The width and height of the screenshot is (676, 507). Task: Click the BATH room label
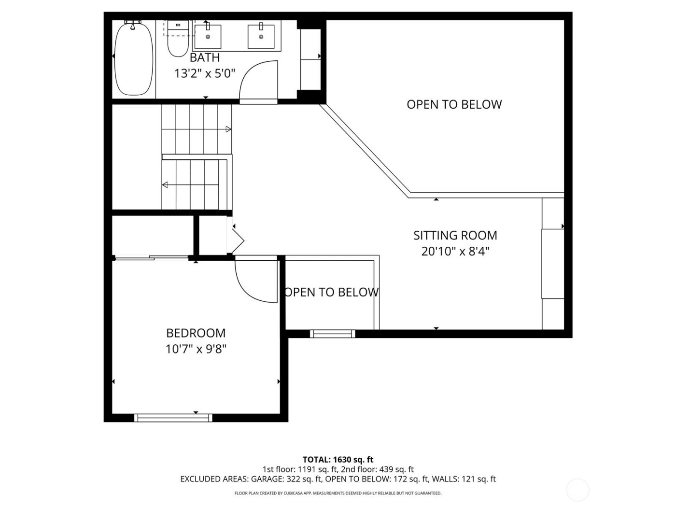pyautogui.click(x=204, y=58)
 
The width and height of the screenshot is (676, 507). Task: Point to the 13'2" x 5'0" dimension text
pyautogui.click(x=204, y=74)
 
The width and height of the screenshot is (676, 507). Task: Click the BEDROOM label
pyautogui.click(x=196, y=333)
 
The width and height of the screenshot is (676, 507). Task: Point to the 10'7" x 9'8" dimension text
pyautogui.click(x=196, y=349)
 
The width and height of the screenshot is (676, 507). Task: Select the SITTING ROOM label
pyautogui.click(x=455, y=236)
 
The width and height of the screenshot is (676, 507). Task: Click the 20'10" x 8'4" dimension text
pyautogui.click(x=455, y=252)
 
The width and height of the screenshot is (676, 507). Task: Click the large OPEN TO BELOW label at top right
pyautogui.click(x=454, y=105)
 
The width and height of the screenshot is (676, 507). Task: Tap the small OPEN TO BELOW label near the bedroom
pyautogui.click(x=331, y=292)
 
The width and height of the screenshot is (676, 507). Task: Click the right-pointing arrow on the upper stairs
pyautogui.click(x=228, y=129)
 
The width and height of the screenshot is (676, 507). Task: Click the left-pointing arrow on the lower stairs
pyautogui.click(x=165, y=184)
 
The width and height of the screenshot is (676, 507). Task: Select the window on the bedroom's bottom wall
pyautogui.click(x=173, y=418)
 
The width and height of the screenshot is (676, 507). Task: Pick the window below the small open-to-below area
pyautogui.click(x=332, y=334)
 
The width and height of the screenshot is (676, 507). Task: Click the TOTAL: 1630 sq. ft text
pyautogui.click(x=338, y=459)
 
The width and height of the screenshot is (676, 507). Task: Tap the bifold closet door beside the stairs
pyautogui.click(x=238, y=239)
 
